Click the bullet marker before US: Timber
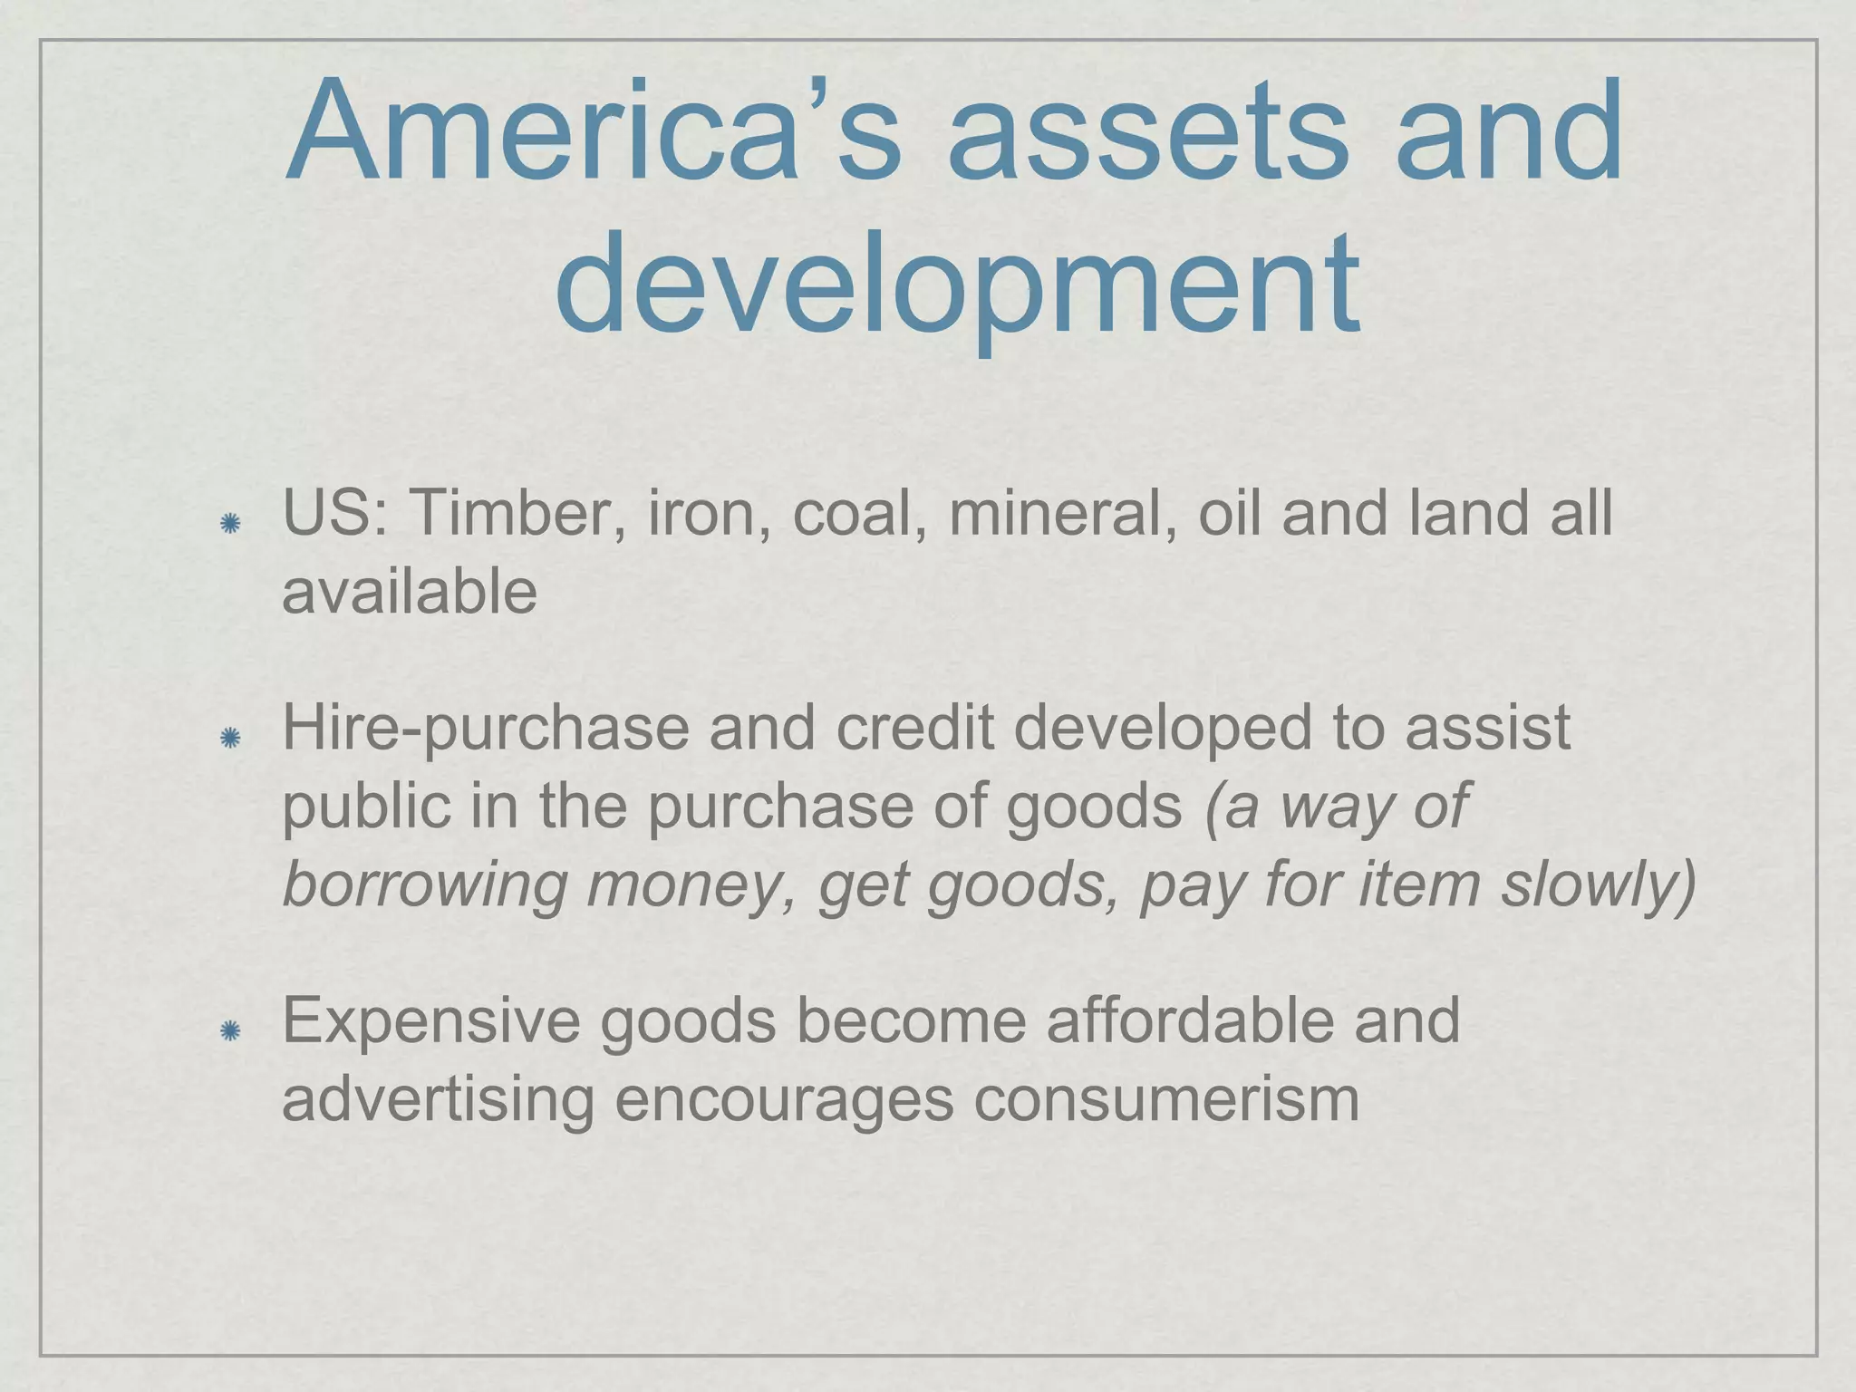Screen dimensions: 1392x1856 click(230, 523)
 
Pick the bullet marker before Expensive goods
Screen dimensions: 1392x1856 click(230, 1030)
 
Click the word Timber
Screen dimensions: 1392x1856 click(517, 513)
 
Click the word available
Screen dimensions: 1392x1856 click(410, 592)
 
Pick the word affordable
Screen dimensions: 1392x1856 click(1188, 1020)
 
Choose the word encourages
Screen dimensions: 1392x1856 click(784, 1100)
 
